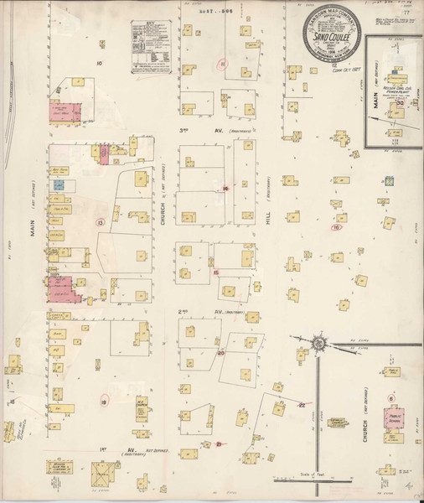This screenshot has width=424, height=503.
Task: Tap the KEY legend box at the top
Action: [147, 45]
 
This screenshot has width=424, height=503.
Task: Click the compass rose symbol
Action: [319, 344]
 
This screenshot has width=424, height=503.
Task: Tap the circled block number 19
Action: [104, 402]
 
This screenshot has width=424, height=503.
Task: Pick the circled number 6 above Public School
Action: [391, 397]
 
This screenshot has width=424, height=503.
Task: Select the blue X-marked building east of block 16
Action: [389, 181]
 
